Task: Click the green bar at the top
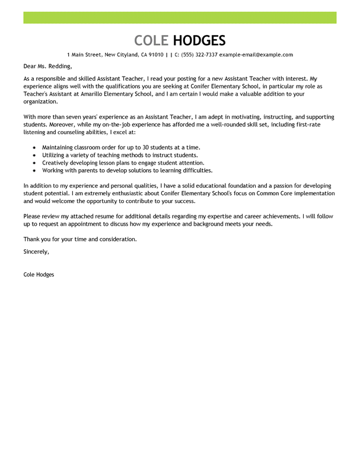click(x=180, y=17)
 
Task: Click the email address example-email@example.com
click(x=256, y=55)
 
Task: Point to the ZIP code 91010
click(x=156, y=55)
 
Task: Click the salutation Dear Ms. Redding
click(x=47, y=66)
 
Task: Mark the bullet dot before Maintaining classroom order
click(x=34, y=147)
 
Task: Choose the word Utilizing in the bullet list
click(x=55, y=155)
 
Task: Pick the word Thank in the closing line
click(x=31, y=239)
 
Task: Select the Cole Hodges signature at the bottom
click(x=39, y=275)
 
